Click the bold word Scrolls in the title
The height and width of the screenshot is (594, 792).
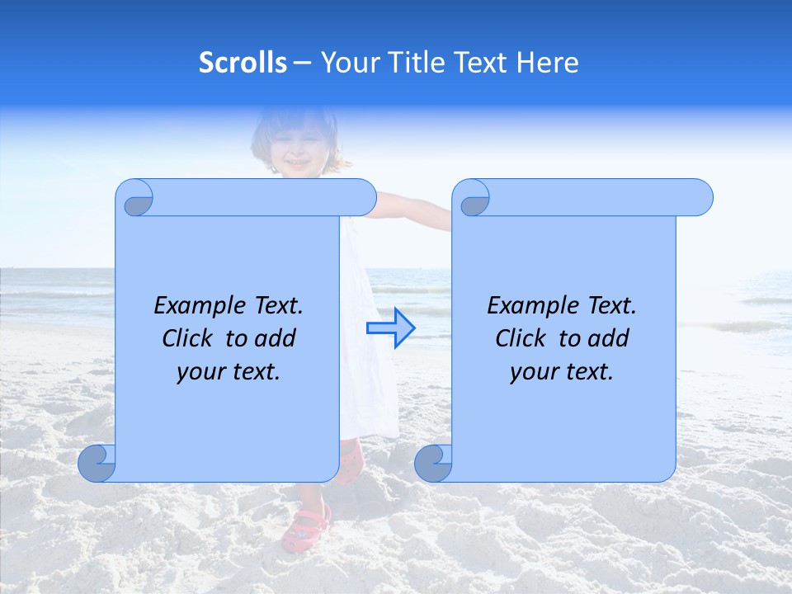243,63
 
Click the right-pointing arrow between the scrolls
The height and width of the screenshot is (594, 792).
390,328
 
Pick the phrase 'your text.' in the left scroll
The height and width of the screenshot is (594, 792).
229,372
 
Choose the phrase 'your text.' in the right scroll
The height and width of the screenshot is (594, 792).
562,372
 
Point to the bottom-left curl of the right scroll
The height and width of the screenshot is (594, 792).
433,464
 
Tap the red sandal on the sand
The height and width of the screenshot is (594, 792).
305,527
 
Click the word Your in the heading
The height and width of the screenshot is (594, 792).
342,63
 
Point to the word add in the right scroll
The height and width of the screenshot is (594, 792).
609,338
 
